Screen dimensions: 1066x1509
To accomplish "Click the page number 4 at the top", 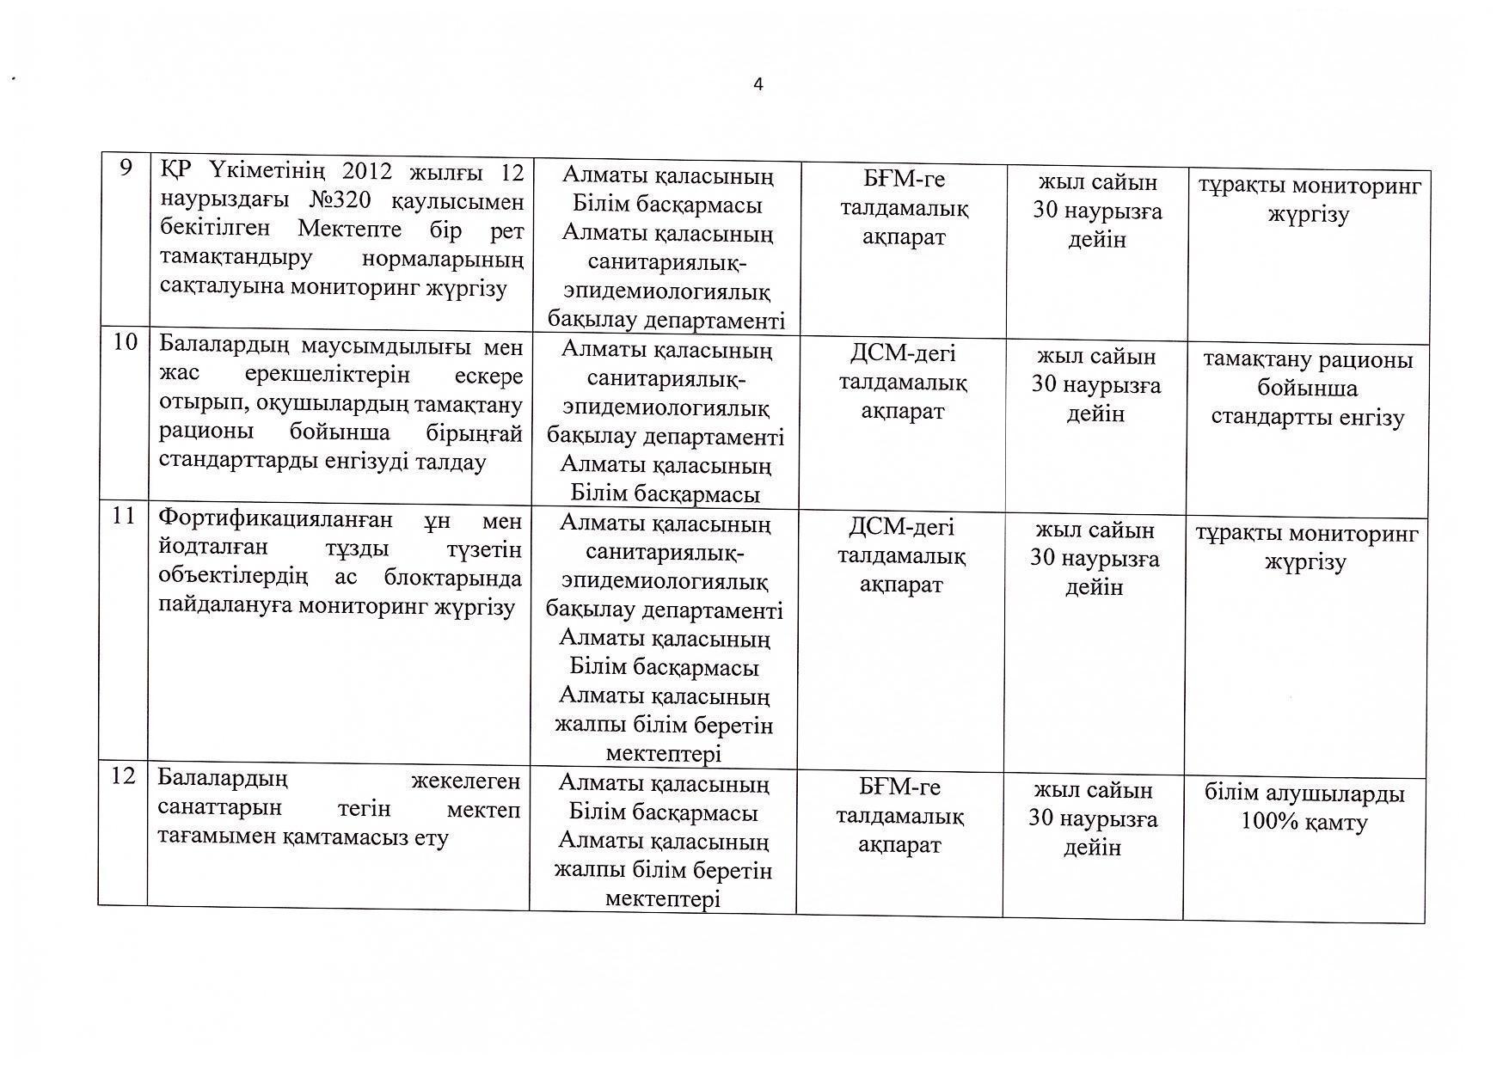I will (758, 84).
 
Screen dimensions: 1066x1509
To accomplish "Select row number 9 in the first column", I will (126, 168).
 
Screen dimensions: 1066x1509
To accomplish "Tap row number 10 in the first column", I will (126, 342).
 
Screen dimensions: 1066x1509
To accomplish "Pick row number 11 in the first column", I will (124, 516).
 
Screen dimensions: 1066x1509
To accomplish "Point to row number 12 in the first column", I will (123, 776).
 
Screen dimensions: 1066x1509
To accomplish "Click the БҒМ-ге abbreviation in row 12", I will (900, 787).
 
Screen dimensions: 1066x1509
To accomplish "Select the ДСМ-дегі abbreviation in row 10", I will (903, 353).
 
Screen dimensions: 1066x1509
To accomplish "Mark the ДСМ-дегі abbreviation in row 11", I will (901, 527).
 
